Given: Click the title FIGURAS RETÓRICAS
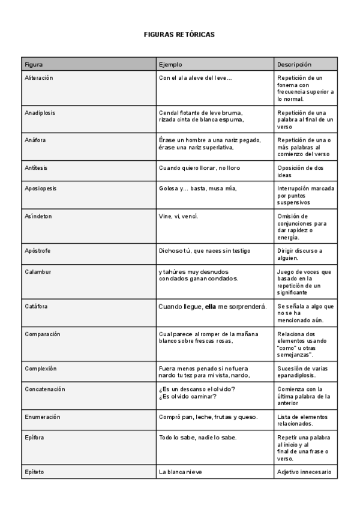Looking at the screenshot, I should (179, 35).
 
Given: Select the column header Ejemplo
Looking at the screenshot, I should (170, 64).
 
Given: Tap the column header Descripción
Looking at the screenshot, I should (294, 64).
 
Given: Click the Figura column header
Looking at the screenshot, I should (34, 64).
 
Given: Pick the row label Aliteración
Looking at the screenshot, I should (39, 78).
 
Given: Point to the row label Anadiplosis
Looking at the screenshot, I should (40, 113).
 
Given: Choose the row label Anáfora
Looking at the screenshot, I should (35, 140).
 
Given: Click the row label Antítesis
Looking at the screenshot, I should (36, 168).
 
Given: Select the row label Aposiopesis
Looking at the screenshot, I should (41, 188).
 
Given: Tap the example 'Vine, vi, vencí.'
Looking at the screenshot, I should (178, 216).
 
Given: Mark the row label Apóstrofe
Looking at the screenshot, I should (37, 250).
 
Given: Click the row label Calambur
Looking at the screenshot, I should (38, 271).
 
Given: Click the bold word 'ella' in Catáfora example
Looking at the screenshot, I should (211, 307).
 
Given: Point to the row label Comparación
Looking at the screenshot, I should (43, 334).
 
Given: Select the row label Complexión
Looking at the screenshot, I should (40, 368).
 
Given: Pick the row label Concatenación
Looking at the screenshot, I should (45, 389).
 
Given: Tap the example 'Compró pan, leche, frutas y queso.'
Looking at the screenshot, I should (208, 417).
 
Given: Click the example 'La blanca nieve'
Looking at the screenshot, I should (181, 472).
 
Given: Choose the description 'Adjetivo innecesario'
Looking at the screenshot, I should (304, 472).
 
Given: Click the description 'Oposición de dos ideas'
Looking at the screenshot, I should (300, 172).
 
